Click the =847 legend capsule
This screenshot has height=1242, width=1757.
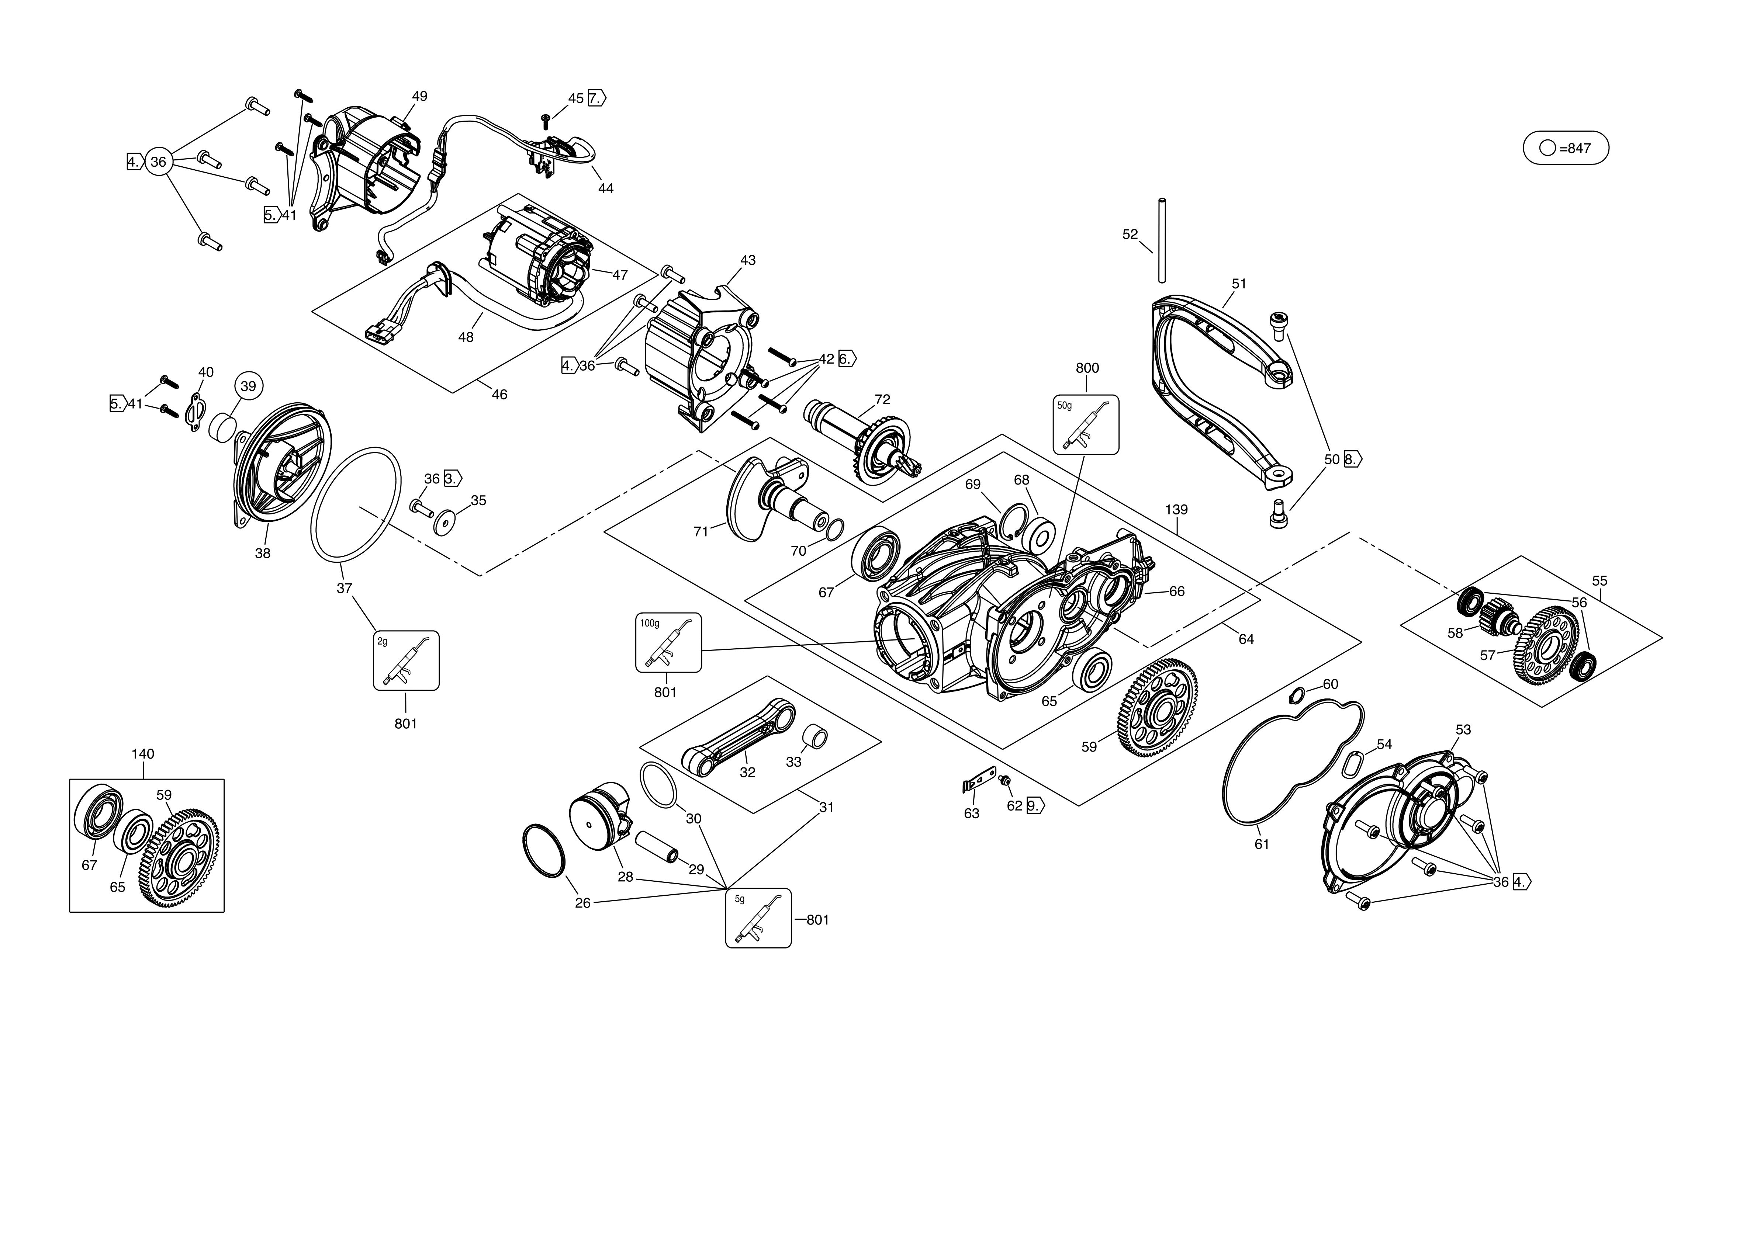click(x=1566, y=148)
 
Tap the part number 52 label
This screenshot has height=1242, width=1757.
click(x=1130, y=235)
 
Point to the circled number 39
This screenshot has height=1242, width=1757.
click(x=248, y=387)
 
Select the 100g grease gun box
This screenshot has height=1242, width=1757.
click(x=668, y=642)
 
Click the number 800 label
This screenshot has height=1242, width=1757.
click(x=1087, y=368)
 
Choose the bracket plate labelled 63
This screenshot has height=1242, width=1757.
click(x=977, y=780)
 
